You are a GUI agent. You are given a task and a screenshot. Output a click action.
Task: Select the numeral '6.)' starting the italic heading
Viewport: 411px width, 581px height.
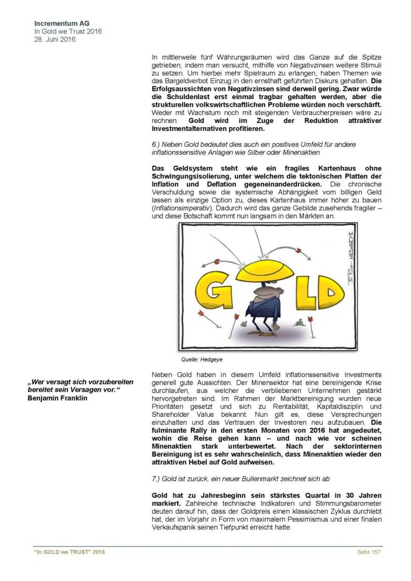[156, 145]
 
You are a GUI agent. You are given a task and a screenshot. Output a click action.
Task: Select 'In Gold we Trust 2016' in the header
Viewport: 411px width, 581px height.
[68, 32]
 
